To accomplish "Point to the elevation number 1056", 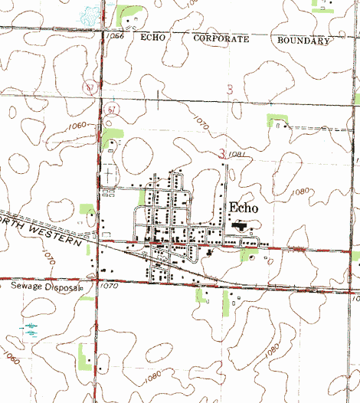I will point(116,36).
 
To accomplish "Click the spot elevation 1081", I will point(237,156).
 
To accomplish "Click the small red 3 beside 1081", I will point(222,154).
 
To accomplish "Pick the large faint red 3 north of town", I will point(230,90).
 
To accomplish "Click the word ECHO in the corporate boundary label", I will point(154,37).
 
